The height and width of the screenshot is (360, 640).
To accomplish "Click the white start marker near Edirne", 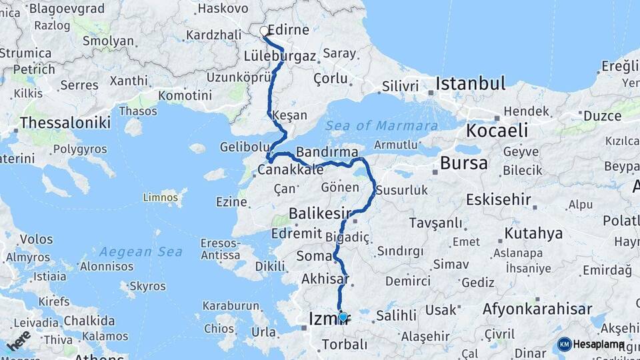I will (264, 31).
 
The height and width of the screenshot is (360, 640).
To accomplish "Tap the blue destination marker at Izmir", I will (343, 317).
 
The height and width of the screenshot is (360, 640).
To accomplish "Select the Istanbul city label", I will (470, 84).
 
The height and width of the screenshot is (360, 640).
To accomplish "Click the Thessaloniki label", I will (64, 123).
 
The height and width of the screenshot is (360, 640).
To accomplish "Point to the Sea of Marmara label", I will (381, 126).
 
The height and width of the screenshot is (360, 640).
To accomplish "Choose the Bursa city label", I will (463, 163).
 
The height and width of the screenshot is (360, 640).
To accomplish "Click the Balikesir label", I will (320, 214).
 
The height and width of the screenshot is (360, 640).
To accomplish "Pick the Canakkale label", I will (291, 171).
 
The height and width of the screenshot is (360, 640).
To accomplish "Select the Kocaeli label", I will (497, 131).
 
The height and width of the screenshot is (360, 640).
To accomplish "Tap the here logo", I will (19, 341).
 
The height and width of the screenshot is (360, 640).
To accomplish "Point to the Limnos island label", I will (161, 197).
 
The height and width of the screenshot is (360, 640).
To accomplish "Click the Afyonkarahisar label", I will (537, 309).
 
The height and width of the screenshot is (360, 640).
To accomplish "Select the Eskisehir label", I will (499, 199).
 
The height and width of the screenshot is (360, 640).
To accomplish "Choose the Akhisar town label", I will (325, 279).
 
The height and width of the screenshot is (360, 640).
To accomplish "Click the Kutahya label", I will (533, 234).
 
